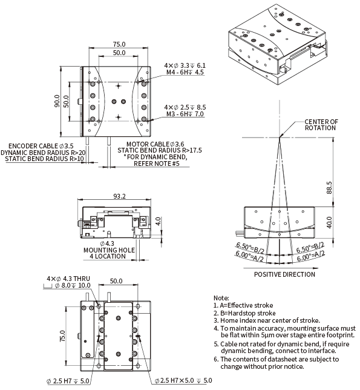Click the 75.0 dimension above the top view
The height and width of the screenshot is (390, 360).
coord(119,44)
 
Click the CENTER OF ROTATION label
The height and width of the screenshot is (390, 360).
coord(321,125)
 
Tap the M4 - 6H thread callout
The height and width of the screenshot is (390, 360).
coord(185,72)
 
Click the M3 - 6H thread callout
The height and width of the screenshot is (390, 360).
coord(185,114)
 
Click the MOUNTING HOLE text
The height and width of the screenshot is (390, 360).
coord(110,250)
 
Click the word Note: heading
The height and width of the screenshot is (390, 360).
coord(221,298)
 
